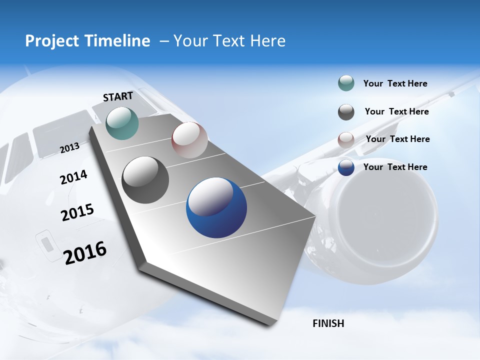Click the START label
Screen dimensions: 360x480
pos(118,96)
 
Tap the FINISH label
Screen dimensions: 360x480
pos(328,323)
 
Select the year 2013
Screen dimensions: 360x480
pos(69,147)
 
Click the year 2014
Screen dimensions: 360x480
pos(73,177)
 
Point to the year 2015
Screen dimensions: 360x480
pos(77,212)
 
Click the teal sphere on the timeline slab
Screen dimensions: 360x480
pos(122,123)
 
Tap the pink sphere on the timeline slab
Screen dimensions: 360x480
pos(189,140)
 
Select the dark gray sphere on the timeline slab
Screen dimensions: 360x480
pos(145,180)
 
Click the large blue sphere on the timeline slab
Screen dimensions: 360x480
pos(216,207)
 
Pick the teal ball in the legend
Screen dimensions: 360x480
pos(346,83)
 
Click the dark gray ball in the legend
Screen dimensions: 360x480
pos(346,112)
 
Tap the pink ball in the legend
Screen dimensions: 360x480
pos(346,140)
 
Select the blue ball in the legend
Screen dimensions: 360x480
pos(346,168)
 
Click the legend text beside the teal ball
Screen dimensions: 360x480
pos(395,83)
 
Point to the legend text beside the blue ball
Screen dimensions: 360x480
pos(395,167)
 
